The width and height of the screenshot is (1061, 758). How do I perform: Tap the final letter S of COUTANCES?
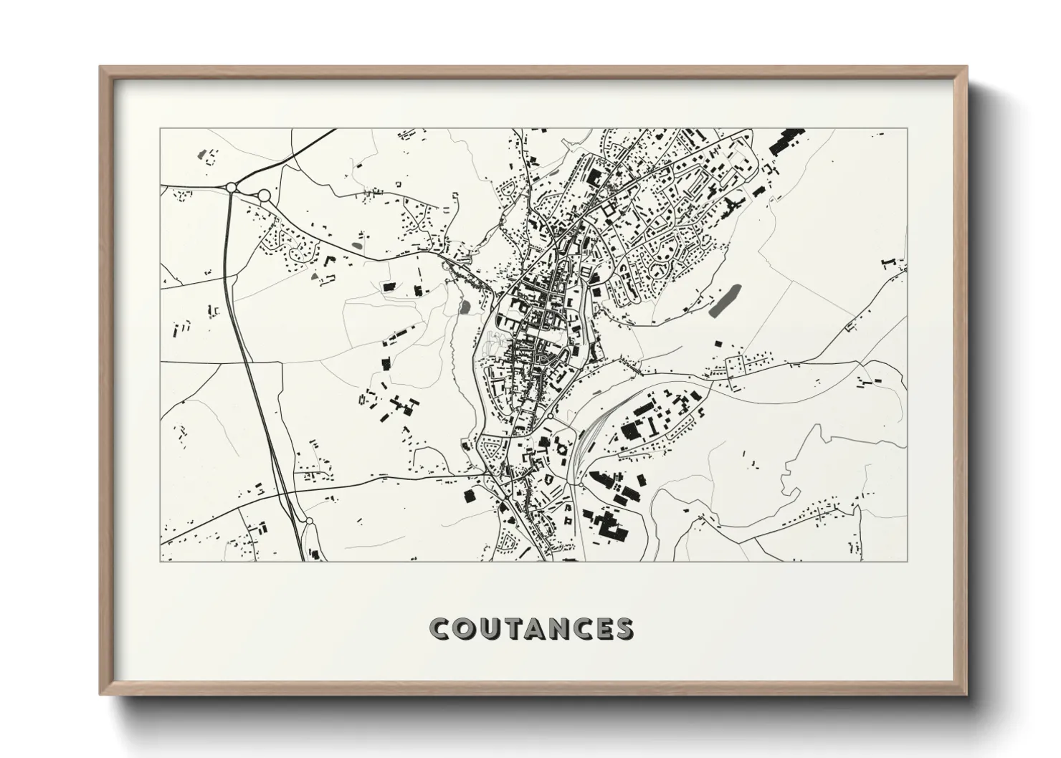pos(624,629)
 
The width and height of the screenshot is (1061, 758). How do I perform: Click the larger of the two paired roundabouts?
pos(264,195)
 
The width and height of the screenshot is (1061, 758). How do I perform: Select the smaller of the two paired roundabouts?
pos(232,187)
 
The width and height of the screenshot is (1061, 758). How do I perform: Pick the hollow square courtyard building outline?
pos(611,212)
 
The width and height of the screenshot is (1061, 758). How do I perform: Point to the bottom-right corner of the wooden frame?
pos(966,694)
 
